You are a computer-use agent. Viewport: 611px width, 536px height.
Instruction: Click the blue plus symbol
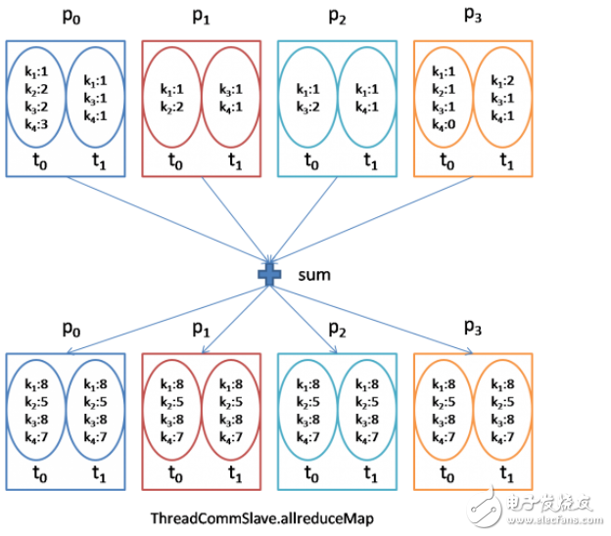269,275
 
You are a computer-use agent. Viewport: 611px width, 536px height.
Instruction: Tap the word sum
314,275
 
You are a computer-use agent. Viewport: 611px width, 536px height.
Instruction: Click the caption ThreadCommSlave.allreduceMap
262,518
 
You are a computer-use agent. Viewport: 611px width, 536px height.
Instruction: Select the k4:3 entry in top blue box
36,124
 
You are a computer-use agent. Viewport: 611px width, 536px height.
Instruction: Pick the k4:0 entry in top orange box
444,124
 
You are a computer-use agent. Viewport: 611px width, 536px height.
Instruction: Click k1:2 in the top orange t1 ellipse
502,81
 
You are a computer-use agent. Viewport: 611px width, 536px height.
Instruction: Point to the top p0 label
71,17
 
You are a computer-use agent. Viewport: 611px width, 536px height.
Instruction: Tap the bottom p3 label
473,328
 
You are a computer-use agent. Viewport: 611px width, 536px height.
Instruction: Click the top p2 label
337,17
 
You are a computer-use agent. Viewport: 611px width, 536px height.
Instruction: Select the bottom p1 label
201,330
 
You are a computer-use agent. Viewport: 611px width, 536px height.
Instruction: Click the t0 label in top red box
175,161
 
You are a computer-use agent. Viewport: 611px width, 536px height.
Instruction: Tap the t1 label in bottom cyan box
370,473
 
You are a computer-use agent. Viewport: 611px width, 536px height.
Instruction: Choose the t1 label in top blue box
99,161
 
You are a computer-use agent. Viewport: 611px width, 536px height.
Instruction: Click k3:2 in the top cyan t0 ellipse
307,107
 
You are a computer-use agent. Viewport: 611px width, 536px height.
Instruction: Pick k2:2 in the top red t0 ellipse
172,107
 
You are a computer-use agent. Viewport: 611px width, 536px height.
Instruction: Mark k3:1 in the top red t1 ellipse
231,90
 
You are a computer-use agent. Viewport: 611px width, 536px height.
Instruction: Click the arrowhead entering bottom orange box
470,352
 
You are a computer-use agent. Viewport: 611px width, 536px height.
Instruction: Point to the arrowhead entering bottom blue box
70,352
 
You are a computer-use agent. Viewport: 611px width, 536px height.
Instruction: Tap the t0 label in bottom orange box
446,473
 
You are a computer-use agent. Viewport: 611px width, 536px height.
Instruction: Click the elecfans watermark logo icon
486,506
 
